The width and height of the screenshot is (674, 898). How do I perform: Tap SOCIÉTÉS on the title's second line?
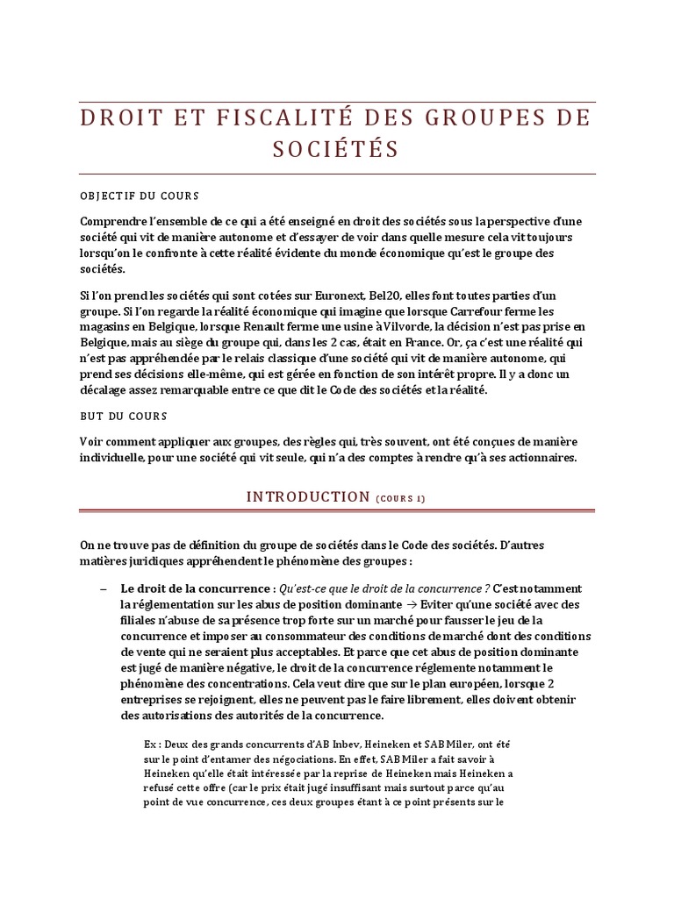[337, 150]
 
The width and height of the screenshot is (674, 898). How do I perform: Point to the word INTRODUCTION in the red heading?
[308, 497]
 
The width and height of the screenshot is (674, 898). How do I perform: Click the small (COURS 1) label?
[400, 499]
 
